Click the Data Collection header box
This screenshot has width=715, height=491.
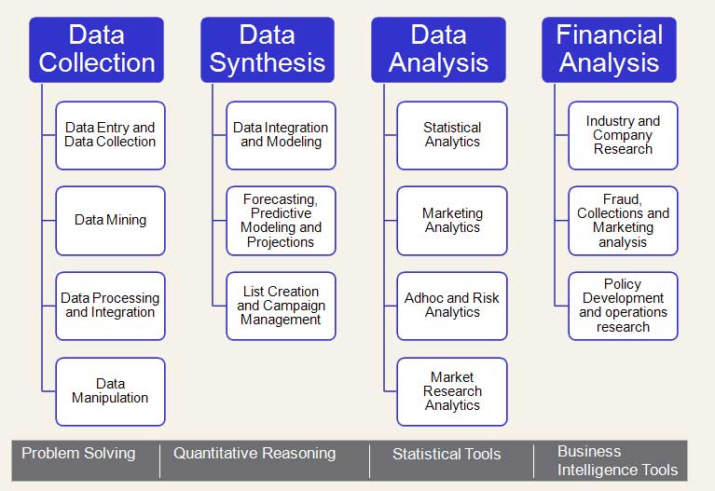point(96,50)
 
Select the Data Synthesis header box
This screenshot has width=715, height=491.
point(268,50)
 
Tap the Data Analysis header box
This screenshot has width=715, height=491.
point(438,50)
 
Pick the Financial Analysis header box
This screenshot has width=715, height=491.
point(610,50)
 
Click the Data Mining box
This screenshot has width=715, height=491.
point(110,221)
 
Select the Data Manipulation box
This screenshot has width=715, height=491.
point(110,391)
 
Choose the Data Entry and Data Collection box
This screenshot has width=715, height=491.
point(110,135)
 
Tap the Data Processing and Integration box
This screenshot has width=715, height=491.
point(110,306)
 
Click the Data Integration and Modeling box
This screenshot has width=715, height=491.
point(281,135)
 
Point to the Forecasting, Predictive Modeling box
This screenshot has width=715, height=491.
point(281,221)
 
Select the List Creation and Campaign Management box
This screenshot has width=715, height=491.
point(281,306)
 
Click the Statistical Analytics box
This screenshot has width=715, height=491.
point(452,135)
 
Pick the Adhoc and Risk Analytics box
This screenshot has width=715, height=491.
point(452,306)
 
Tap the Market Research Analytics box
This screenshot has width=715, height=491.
point(452,391)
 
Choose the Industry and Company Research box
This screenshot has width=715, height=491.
point(623,135)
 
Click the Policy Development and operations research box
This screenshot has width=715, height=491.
point(623,306)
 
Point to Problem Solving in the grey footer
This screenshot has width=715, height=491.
point(78,454)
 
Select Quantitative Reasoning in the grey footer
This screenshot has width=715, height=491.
point(254,454)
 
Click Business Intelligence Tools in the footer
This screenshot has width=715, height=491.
point(617,460)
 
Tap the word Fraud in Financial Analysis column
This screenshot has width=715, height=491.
point(623,199)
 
